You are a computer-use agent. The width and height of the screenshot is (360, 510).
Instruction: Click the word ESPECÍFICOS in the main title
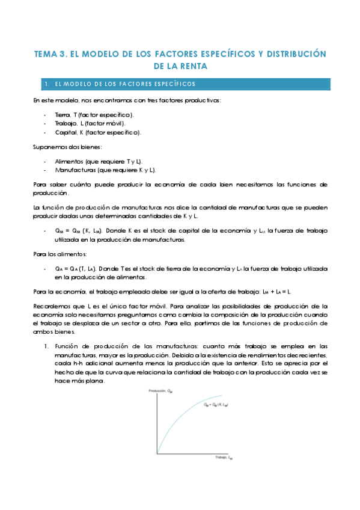click(x=214, y=54)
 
